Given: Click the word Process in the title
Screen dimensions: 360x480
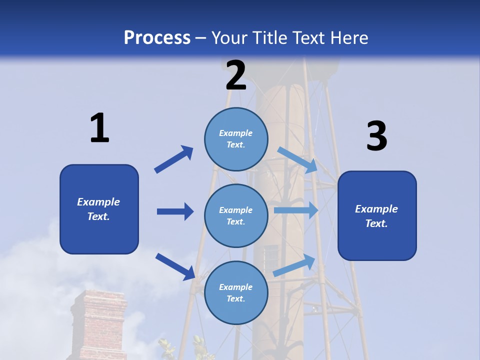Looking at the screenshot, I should point(157,37).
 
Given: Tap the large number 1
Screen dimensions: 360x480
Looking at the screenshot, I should point(99,128).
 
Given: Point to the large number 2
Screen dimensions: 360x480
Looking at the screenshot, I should point(236,75).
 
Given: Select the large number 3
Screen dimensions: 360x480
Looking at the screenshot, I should point(376,136).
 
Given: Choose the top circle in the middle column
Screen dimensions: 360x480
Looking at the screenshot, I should point(236,139).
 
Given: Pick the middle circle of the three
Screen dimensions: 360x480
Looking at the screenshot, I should point(236,215).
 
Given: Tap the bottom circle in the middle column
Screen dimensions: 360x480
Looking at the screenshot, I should point(236,292).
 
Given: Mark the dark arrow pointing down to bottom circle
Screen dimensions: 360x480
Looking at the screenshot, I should point(175,266).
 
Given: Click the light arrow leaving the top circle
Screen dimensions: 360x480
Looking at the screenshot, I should point(297,159).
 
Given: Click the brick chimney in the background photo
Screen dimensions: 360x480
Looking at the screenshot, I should point(98,325).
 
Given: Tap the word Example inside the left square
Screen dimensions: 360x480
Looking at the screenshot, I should point(98,202).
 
